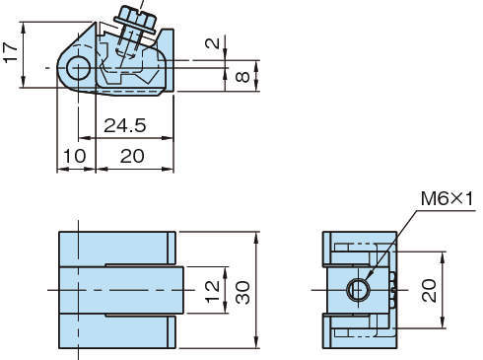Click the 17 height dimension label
(11, 51)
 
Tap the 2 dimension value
(213, 42)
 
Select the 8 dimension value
(242, 77)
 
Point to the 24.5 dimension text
(125, 125)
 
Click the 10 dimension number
(75, 156)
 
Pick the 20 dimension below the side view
(132, 156)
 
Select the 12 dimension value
(212, 291)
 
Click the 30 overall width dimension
(242, 292)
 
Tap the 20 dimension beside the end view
(430, 290)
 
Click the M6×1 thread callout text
(447, 199)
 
